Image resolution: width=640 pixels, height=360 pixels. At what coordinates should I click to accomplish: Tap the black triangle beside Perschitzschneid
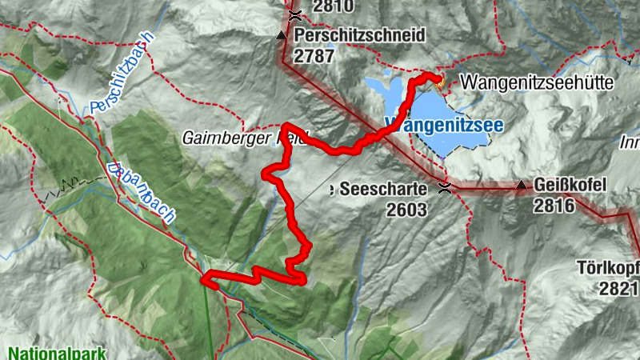(281, 36)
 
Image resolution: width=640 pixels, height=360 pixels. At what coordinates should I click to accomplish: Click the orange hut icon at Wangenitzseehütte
(438, 79)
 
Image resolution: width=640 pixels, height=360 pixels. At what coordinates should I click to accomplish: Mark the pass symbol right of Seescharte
(445, 189)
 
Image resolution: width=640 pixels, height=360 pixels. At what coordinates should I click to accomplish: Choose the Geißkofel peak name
(567, 186)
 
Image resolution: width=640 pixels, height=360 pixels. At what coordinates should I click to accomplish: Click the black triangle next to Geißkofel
(522, 186)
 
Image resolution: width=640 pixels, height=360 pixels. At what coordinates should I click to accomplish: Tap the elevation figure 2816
(554, 205)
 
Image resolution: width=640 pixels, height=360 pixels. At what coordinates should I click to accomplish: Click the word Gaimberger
(217, 138)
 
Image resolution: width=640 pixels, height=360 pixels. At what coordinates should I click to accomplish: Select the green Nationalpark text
(55, 352)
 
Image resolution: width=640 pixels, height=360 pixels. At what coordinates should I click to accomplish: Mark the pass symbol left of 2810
(295, 14)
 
